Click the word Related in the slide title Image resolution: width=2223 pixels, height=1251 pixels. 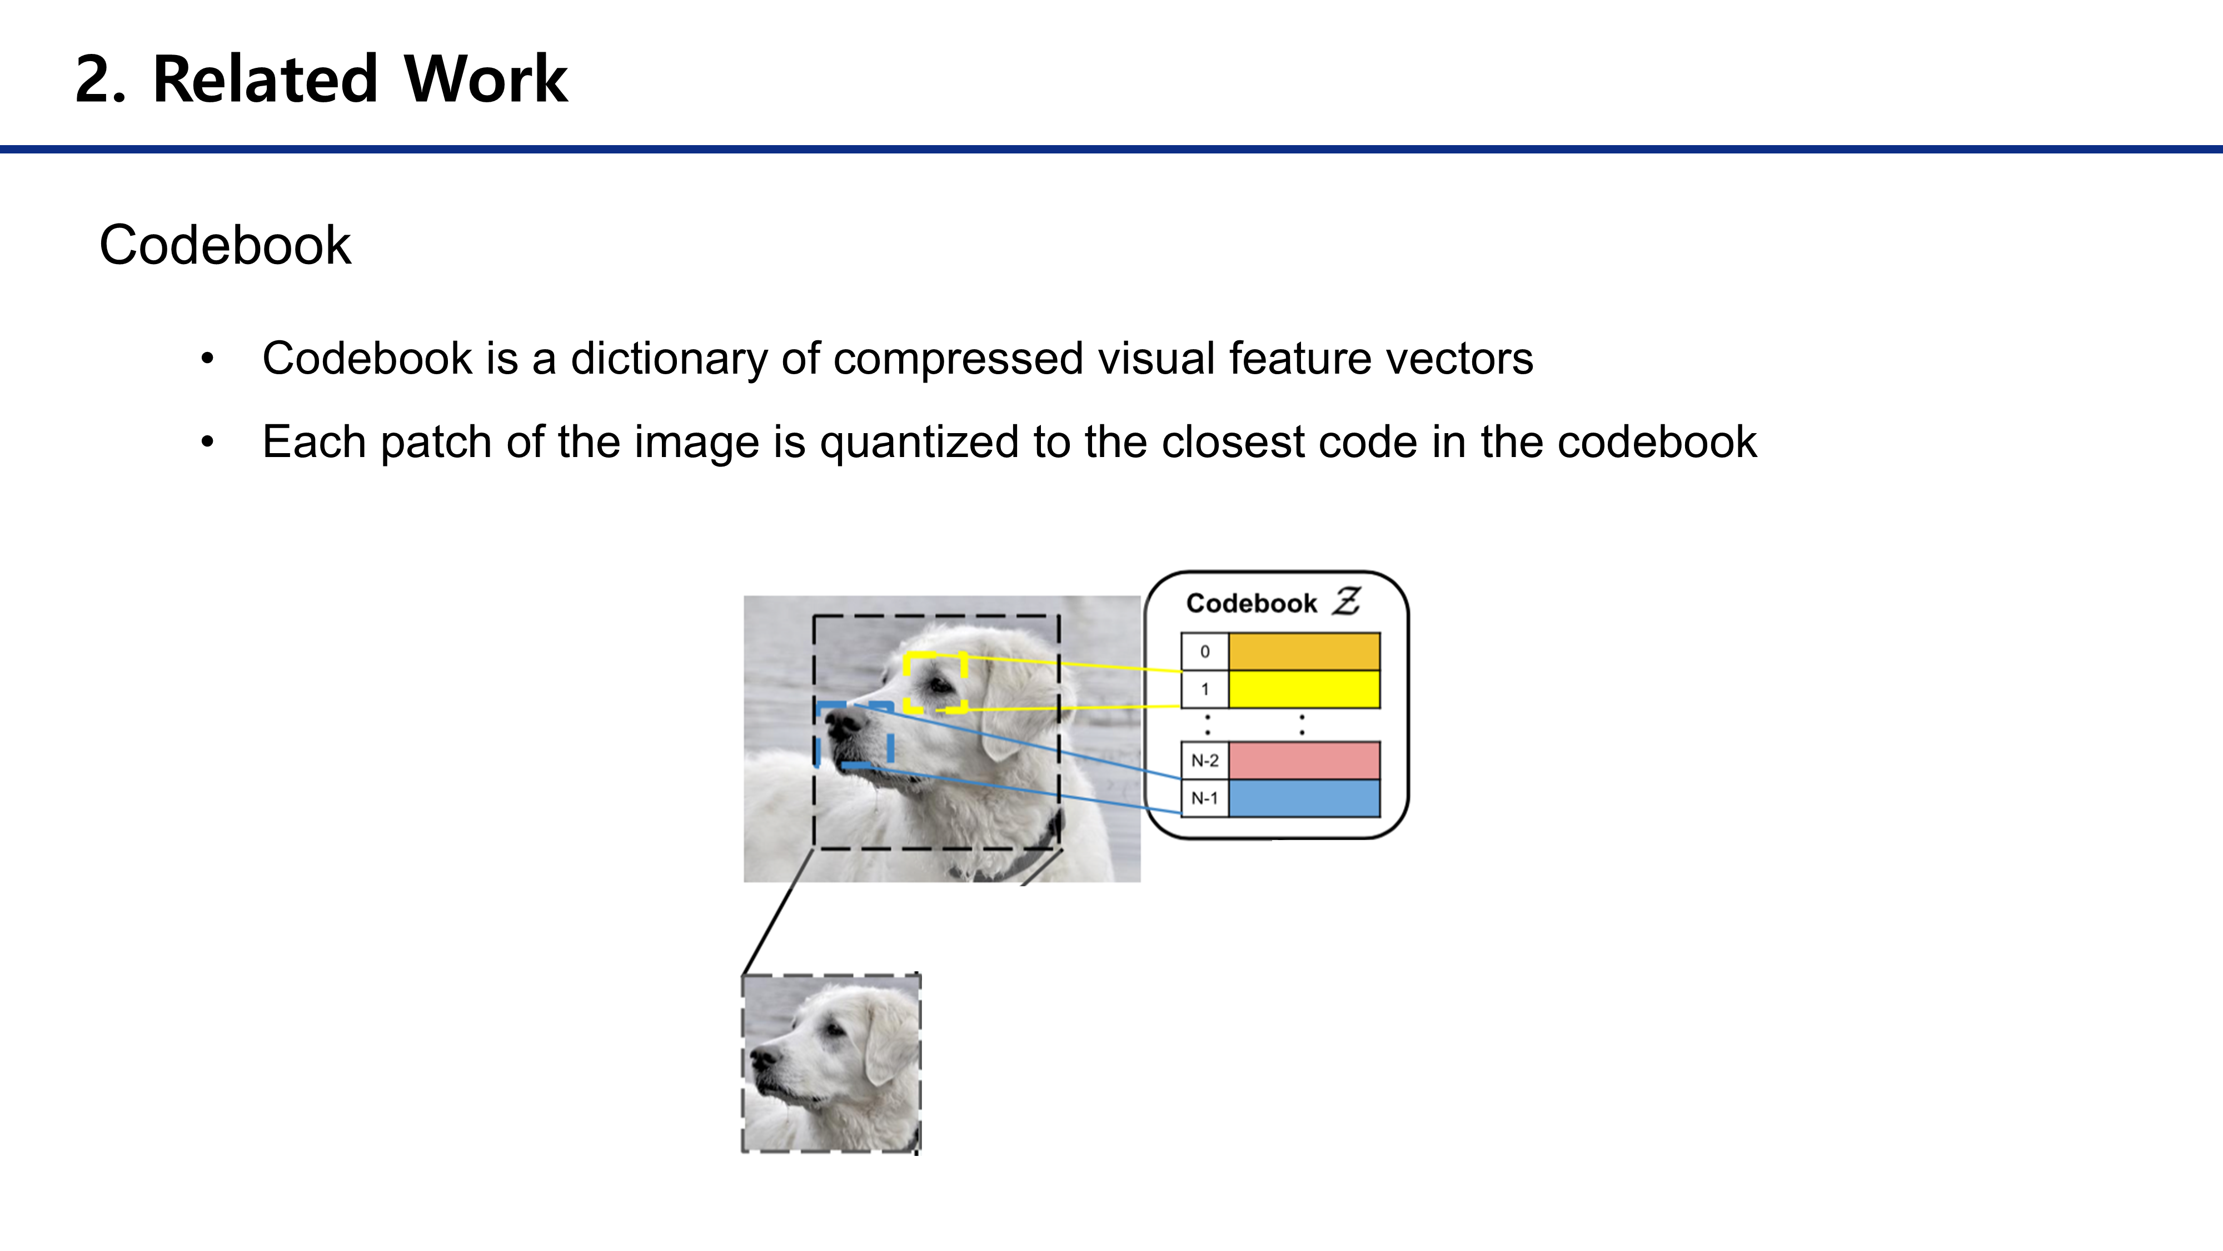265,80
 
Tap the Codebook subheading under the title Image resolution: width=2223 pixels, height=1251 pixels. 225,245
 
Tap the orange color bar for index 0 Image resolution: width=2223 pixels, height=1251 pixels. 1303,651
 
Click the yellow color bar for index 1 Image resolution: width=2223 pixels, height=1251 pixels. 1303,689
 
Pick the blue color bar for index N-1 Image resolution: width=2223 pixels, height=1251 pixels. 1303,798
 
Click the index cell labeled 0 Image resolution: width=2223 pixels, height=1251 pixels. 1205,652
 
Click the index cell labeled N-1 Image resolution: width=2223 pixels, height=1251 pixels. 1205,798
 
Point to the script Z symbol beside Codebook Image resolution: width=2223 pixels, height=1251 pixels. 1346,601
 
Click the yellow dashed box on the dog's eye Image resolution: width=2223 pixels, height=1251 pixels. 935,683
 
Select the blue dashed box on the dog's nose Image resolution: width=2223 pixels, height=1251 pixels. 854,734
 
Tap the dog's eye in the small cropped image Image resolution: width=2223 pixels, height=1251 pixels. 834,1030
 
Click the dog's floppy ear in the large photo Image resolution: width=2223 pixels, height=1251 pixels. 1010,708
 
